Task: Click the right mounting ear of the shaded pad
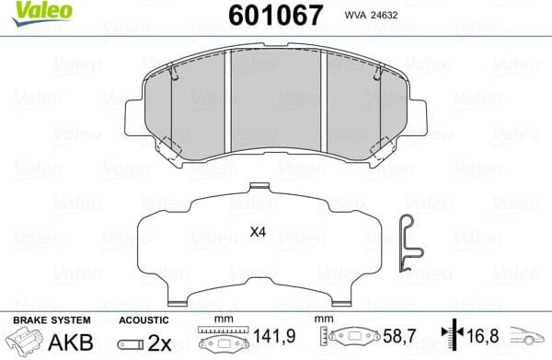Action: coord(420,117)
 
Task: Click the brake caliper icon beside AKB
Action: coord(25,342)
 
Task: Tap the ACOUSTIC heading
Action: coord(144,319)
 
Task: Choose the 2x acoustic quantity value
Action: coord(159,343)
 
